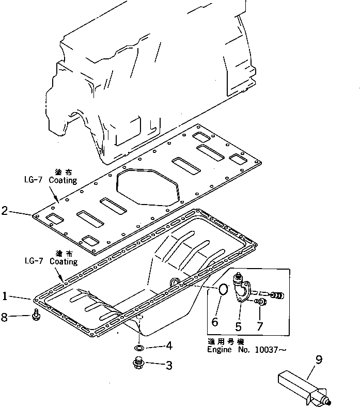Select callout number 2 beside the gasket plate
coord(5,211)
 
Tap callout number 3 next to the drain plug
coord(169,366)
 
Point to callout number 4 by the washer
coord(169,346)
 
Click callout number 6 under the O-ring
coord(215,322)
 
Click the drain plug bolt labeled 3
coord(138,363)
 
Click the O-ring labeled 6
coord(221,291)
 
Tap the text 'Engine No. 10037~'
coord(246,350)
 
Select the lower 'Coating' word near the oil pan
coord(64,262)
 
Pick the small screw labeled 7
coord(261,302)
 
